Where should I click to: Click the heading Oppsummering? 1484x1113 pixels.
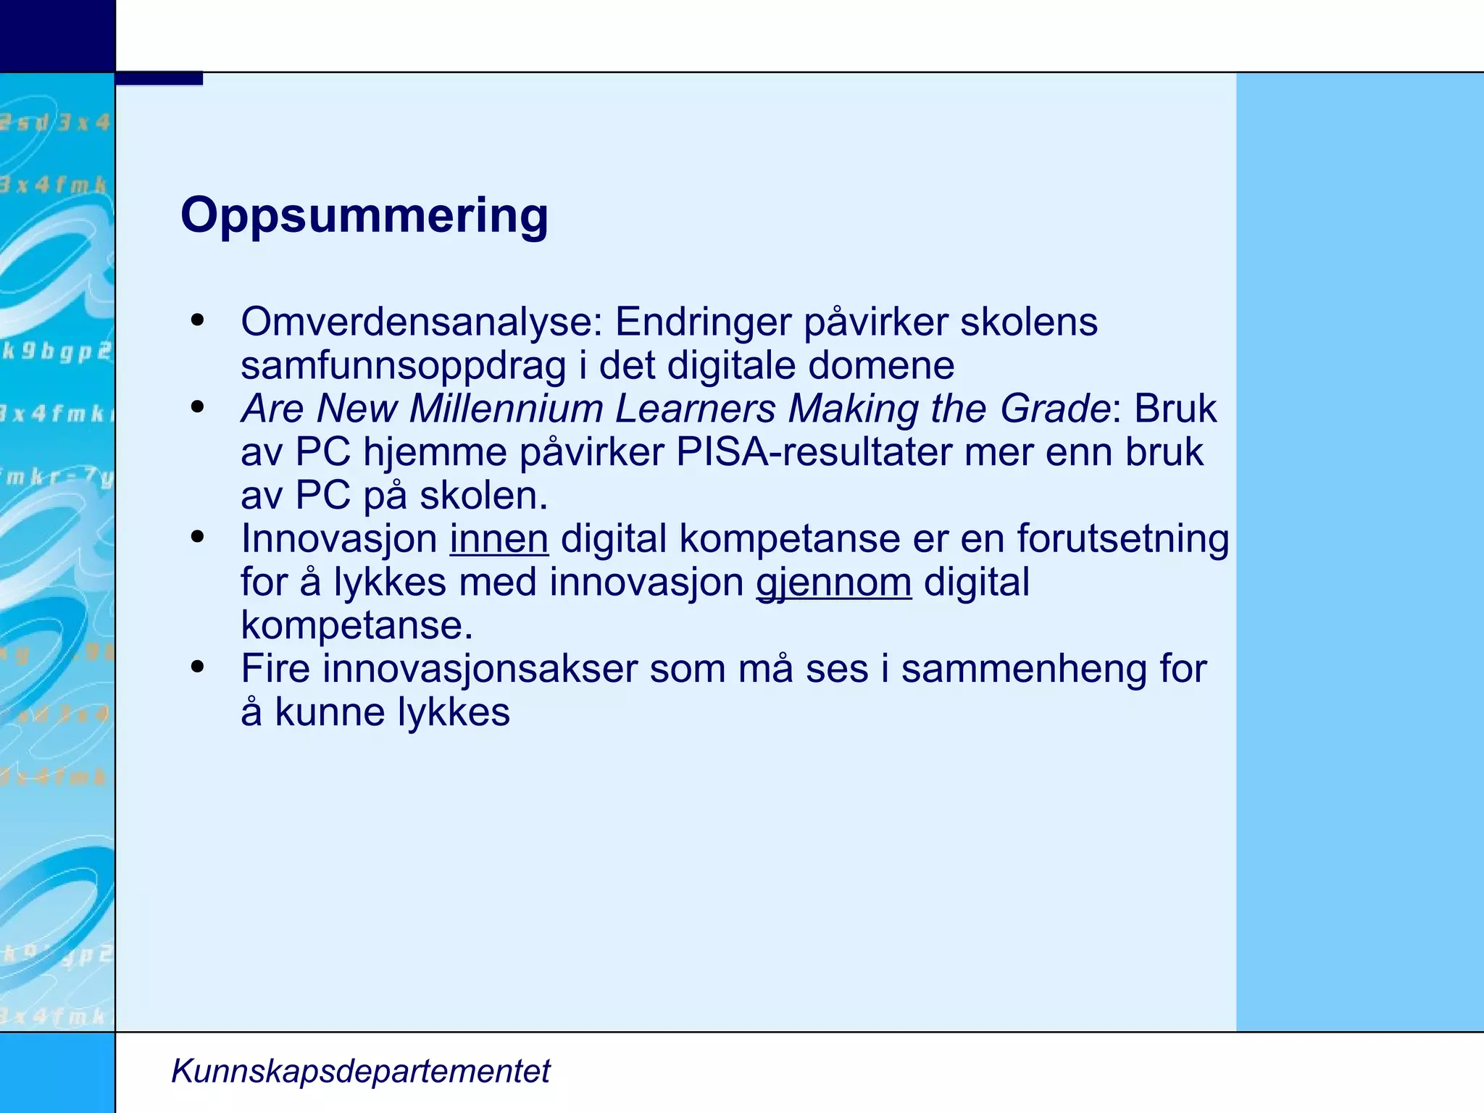pos(364,215)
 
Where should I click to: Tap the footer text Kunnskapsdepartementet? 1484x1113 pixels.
pos(360,1071)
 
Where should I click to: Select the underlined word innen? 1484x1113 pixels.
pos(499,539)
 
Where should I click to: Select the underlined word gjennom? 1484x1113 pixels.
pos(833,583)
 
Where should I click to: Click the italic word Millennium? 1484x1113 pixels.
pos(506,409)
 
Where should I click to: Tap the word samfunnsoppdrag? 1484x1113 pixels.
pos(403,365)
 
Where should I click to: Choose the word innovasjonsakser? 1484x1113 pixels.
pos(480,669)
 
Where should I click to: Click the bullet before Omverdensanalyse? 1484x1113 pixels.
pos(198,320)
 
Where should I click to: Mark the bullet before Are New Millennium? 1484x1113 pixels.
pos(198,407)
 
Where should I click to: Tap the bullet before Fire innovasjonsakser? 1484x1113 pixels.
pos(198,667)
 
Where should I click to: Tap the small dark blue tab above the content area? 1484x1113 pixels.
pos(159,78)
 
